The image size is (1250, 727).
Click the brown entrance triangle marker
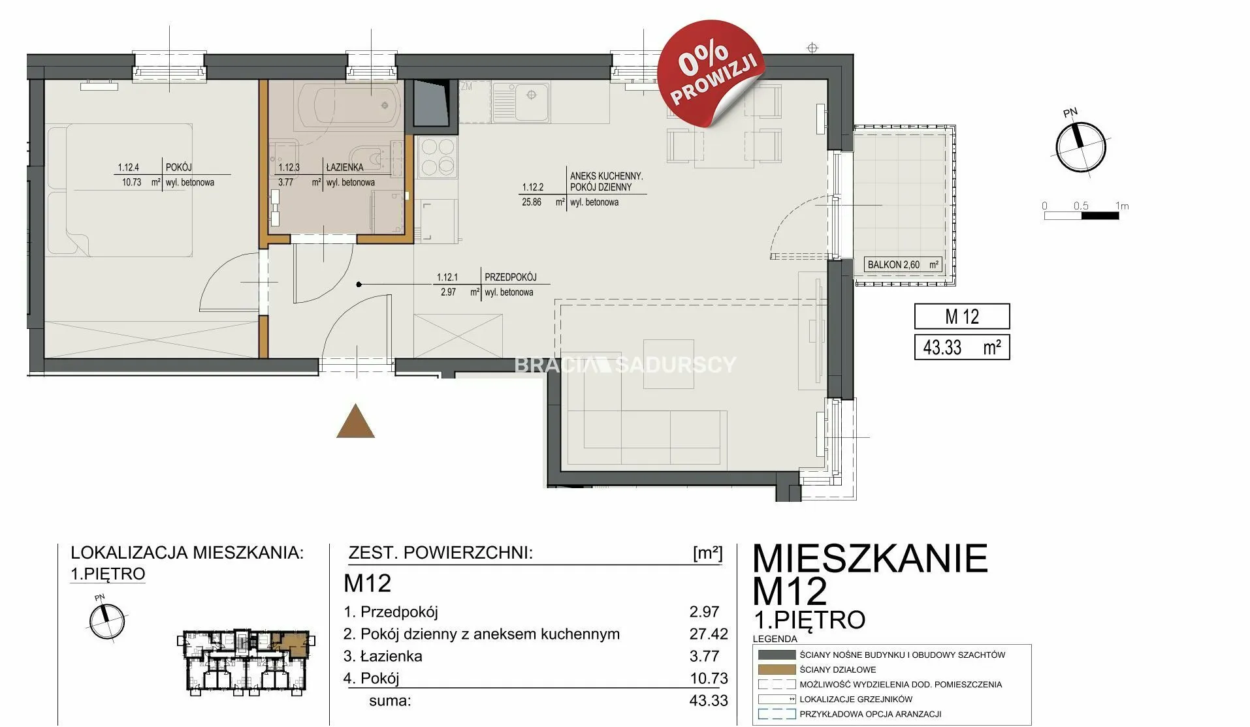[355, 422]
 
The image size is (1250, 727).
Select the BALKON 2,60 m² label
[903, 264]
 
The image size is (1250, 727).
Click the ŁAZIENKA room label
[345, 167]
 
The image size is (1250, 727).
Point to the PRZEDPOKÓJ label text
[511, 277]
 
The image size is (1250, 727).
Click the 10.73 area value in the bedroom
[131, 183]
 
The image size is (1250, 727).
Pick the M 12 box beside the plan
[962, 317]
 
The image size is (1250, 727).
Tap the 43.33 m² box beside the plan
[962, 347]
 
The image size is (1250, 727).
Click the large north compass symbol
[1081, 146]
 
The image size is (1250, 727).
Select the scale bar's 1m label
[1122, 206]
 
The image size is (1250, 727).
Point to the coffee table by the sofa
[669, 363]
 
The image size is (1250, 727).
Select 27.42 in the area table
[709, 634]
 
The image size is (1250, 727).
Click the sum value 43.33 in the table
[709, 701]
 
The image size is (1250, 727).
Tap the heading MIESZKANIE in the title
[870, 559]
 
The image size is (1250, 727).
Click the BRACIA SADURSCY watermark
[626, 364]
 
